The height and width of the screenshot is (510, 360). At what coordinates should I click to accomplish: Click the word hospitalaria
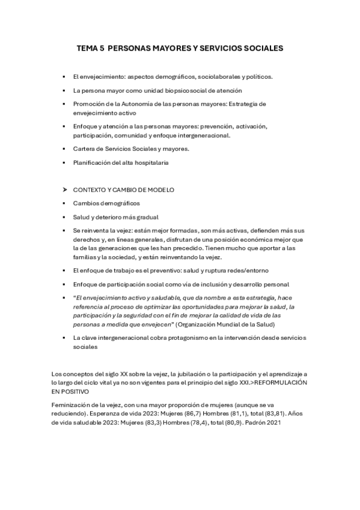[150, 162]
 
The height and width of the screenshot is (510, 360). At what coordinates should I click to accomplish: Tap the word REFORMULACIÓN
[281, 382]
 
